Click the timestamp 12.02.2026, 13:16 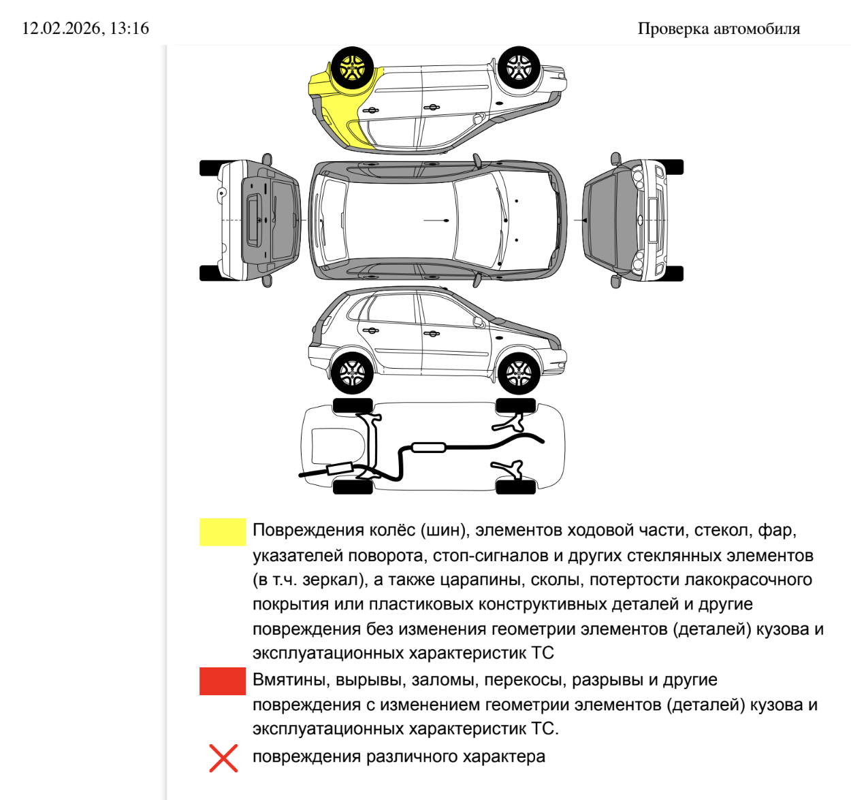(x=85, y=28)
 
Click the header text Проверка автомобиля (x=718, y=29)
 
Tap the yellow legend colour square (x=222, y=532)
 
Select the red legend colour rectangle (x=222, y=681)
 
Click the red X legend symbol (x=223, y=758)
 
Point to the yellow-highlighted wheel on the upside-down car (x=352, y=67)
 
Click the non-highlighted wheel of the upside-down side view (x=519, y=67)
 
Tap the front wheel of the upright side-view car (x=519, y=372)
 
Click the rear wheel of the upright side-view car (x=352, y=372)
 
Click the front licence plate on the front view (x=652, y=220)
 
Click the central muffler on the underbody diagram (x=428, y=447)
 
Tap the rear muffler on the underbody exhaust (x=338, y=469)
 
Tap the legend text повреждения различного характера (x=398, y=756)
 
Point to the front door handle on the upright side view (x=432, y=333)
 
